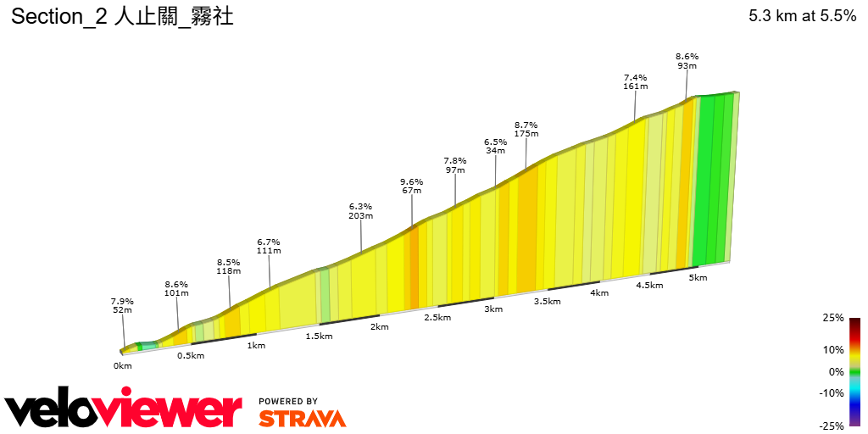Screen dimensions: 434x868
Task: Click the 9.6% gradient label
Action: (x=411, y=181)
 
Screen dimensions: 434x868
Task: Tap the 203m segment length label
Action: (x=361, y=216)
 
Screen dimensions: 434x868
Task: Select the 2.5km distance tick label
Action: (x=437, y=318)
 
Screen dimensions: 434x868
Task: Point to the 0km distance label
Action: (x=123, y=366)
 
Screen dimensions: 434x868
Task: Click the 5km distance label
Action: (x=698, y=278)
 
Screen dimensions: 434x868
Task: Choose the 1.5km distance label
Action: (x=320, y=337)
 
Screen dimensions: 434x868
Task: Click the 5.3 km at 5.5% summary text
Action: (x=802, y=16)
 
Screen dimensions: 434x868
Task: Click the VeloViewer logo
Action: (x=123, y=410)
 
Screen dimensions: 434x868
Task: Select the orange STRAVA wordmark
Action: (x=302, y=418)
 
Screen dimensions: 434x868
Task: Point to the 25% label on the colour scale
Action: (x=833, y=318)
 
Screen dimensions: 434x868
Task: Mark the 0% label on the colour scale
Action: (x=836, y=371)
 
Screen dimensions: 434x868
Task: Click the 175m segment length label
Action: (x=526, y=134)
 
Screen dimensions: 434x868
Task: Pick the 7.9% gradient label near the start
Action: (x=122, y=300)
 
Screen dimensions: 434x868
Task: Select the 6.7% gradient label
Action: (x=269, y=241)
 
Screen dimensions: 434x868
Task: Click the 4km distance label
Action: (x=599, y=293)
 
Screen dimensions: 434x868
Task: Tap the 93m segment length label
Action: (x=687, y=66)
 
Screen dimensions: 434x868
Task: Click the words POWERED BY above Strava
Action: (x=288, y=401)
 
